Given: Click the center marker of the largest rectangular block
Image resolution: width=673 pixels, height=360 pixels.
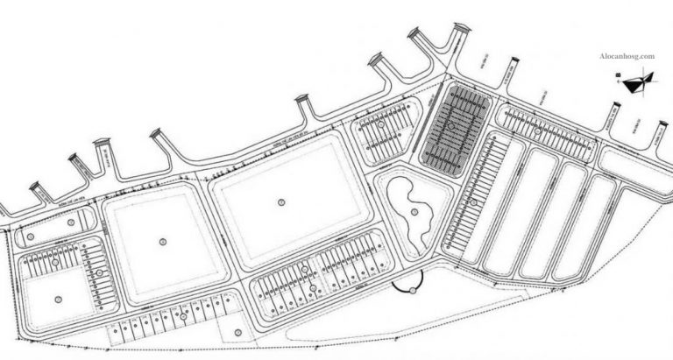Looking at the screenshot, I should coord(281,202).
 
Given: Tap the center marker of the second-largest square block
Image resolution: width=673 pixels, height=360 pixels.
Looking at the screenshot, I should coord(163,240).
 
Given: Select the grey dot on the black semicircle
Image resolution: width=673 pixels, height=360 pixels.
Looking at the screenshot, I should coord(406,290).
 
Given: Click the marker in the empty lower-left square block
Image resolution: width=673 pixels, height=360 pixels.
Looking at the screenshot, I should coord(58,300).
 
